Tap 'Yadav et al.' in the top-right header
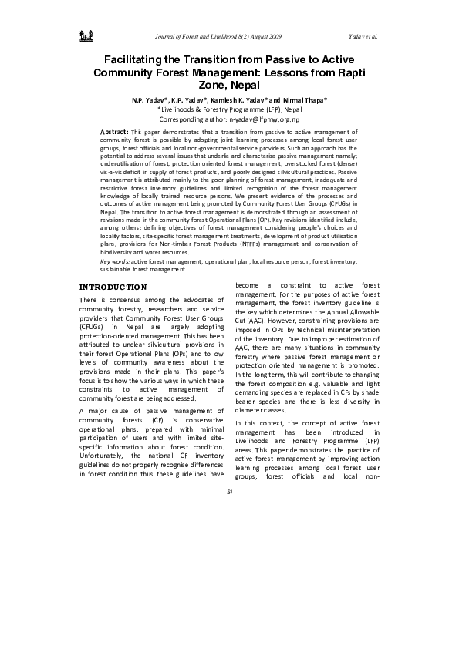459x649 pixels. point(363,36)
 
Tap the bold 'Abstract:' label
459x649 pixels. point(115,133)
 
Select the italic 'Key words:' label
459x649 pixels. point(115,262)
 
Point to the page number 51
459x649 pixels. point(229,491)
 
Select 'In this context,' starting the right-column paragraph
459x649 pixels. point(259,423)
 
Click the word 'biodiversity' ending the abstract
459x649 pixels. point(119,252)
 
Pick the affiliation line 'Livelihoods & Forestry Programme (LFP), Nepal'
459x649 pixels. point(230,110)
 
